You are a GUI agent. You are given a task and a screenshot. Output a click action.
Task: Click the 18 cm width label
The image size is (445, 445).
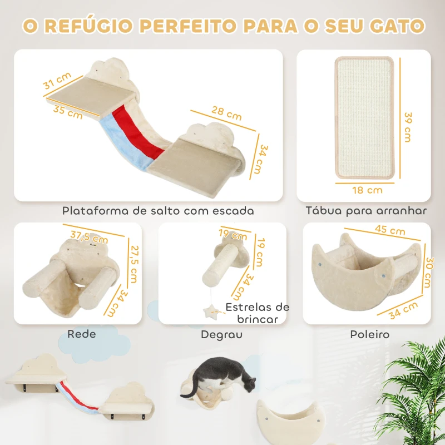pyautogui.click(x=367, y=190)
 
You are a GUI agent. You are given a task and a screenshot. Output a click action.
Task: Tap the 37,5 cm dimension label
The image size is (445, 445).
pyautogui.click(x=90, y=236)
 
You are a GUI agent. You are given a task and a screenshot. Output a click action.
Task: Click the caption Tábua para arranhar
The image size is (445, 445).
pyautogui.click(x=367, y=211)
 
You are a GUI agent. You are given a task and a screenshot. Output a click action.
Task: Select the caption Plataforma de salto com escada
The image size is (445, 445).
pyautogui.click(x=158, y=211)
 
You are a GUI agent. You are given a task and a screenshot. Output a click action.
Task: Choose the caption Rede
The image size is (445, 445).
pyautogui.click(x=82, y=334)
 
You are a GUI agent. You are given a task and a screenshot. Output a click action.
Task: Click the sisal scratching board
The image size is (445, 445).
pyautogui.click(x=364, y=120)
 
